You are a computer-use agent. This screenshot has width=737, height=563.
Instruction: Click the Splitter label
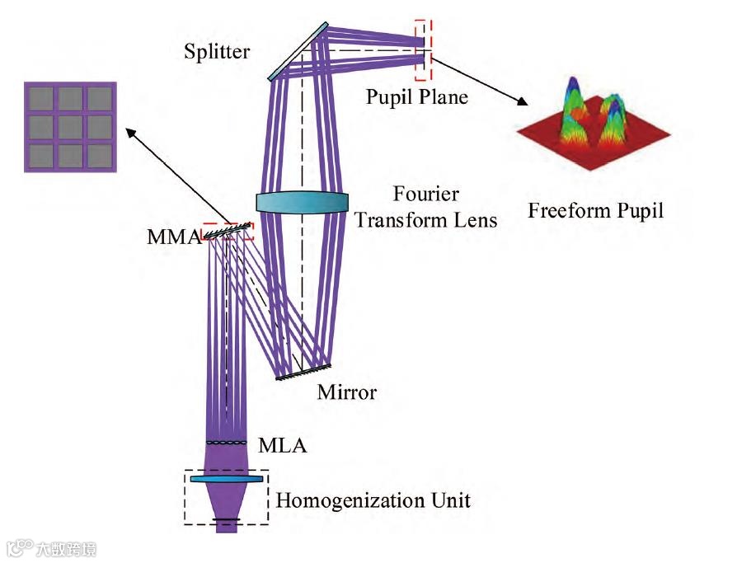coord(217,53)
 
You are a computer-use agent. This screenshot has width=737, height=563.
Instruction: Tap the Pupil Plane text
coord(417,97)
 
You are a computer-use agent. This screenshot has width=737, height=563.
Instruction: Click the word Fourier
coord(426,196)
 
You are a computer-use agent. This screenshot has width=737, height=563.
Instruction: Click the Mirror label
coord(346,392)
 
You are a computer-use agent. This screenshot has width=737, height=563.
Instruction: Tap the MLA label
coord(282,446)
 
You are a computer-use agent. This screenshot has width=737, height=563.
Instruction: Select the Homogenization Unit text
coord(373,500)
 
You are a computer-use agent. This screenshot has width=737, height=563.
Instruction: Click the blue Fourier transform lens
coord(303,203)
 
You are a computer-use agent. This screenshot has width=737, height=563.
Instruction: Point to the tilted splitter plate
coord(298,51)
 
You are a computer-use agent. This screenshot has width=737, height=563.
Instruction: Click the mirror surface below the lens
coord(303,373)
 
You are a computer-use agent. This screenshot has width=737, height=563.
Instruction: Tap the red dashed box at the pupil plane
coord(422,49)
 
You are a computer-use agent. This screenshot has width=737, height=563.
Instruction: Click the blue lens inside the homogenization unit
coord(227,479)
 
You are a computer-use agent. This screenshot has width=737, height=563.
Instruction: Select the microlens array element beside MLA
coord(226,443)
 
